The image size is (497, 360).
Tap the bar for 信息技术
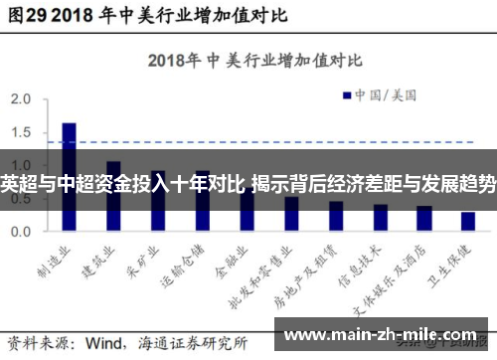tap(379, 217)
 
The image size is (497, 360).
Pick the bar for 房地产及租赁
tap(335, 215)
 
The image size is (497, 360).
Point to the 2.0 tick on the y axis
tap(21, 99)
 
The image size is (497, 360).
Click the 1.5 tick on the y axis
tap(21, 132)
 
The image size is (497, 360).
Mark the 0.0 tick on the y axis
tap(21, 231)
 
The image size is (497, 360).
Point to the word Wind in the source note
tap(106, 342)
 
